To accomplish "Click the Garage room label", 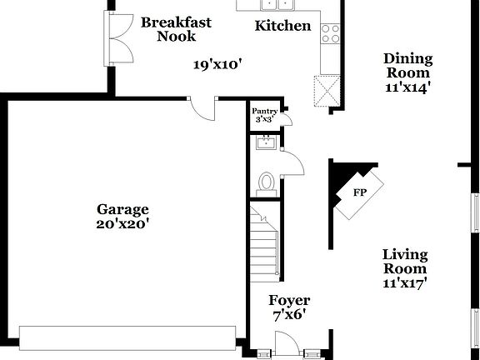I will (122, 209).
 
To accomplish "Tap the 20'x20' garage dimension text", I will (122, 223).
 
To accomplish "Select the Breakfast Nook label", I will (176, 29).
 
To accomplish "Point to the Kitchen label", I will (282, 26).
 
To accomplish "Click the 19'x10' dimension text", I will (217, 64).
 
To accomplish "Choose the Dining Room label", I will (407, 65).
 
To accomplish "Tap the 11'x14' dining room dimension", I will (407, 86).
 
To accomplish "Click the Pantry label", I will (264, 110).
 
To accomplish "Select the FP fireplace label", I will (360, 193).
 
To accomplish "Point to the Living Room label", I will (405, 262).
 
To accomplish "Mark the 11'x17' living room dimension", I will (405, 283).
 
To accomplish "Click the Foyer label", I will (289, 300).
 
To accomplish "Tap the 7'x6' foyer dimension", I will (289, 315).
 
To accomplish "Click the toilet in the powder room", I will (267, 182).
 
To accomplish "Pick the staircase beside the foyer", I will (265, 246).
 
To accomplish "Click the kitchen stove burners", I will (331, 32).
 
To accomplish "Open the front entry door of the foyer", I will (287, 344).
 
